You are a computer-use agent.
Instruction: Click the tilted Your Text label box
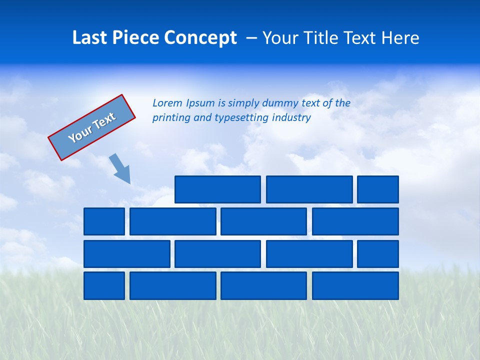(x=92, y=127)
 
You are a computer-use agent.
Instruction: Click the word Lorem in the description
(x=167, y=103)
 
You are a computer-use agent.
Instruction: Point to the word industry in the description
(x=291, y=118)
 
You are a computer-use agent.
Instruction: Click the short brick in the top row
(x=378, y=189)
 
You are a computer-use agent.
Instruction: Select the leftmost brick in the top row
(x=217, y=189)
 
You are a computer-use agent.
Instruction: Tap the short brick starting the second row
(x=104, y=221)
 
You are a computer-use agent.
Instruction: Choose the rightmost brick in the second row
(x=355, y=221)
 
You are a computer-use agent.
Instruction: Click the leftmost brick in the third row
(x=127, y=253)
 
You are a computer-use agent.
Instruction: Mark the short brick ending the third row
(x=378, y=253)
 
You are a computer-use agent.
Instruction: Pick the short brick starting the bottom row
(x=104, y=285)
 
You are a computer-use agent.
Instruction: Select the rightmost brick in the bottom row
(x=355, y=285)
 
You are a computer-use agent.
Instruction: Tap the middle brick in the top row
(x=309, y=189)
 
